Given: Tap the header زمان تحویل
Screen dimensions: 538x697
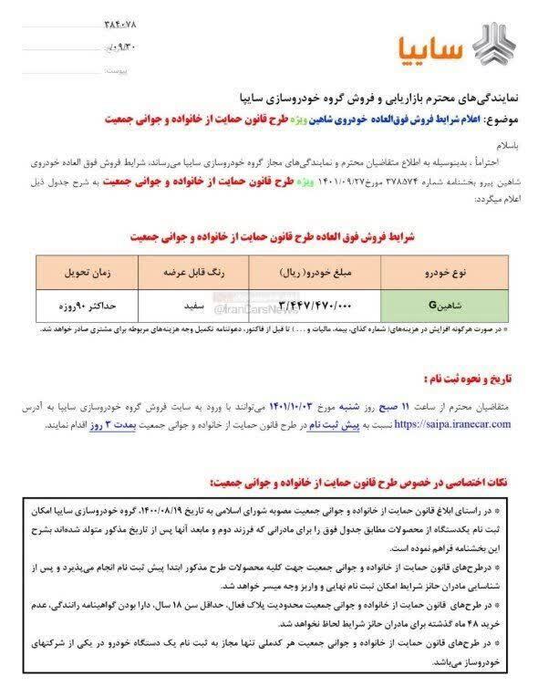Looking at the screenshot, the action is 75,273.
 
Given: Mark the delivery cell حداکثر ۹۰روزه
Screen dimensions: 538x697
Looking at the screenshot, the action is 76,302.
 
